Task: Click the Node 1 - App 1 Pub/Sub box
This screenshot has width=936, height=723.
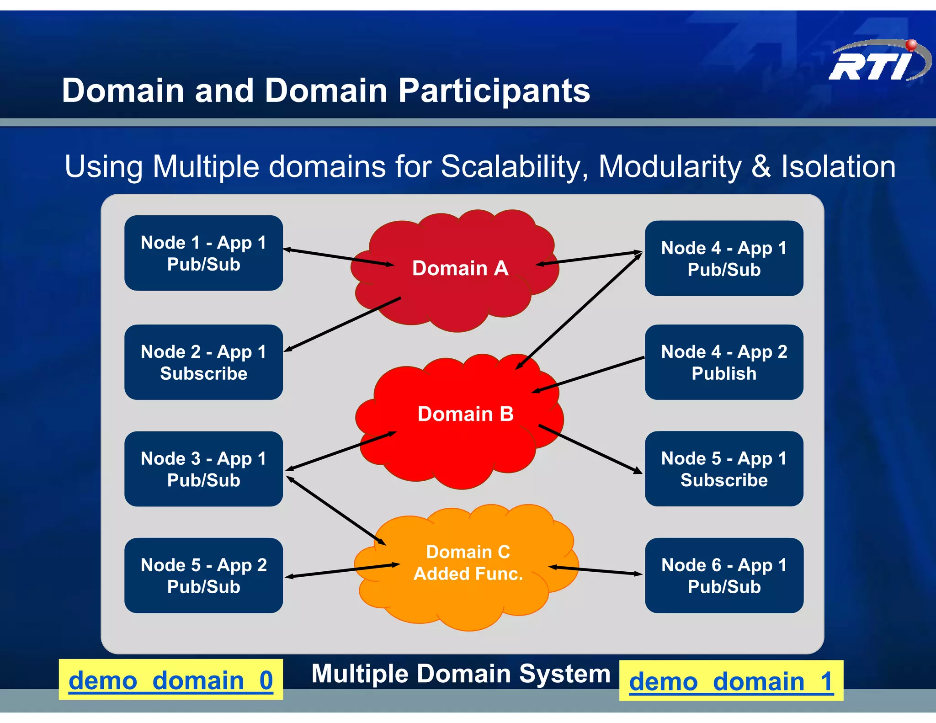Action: tap(203, 253)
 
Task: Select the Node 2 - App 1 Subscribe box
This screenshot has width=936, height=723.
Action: tap(203, 362)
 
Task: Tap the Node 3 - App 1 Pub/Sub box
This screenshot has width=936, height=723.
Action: tap(203, 468)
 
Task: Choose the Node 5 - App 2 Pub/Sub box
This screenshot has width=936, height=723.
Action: tap(203, 575)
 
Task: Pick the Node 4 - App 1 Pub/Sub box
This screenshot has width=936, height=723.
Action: tap(724, 258)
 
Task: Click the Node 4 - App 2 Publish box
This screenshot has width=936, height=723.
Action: tap(724, 362)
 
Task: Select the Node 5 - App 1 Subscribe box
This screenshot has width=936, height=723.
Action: tap(724, 468)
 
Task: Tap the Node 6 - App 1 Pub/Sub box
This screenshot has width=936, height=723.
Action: tap(724, 575)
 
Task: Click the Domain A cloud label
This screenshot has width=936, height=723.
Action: tap(460, 268)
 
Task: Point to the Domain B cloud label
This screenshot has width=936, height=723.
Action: tap(465, 414)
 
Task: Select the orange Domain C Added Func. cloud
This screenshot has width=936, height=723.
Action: tap(468, 563)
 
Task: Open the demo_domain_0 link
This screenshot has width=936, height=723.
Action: tap(170, 680)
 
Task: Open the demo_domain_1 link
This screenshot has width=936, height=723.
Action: tap(731, 681)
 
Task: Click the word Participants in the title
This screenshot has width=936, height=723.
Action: tap(494, 90)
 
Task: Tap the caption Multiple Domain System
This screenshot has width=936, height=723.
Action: tap(461, 674)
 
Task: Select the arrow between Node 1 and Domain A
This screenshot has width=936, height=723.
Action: tap(338, 257)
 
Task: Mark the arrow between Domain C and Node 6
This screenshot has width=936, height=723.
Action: tap(596, 570)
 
